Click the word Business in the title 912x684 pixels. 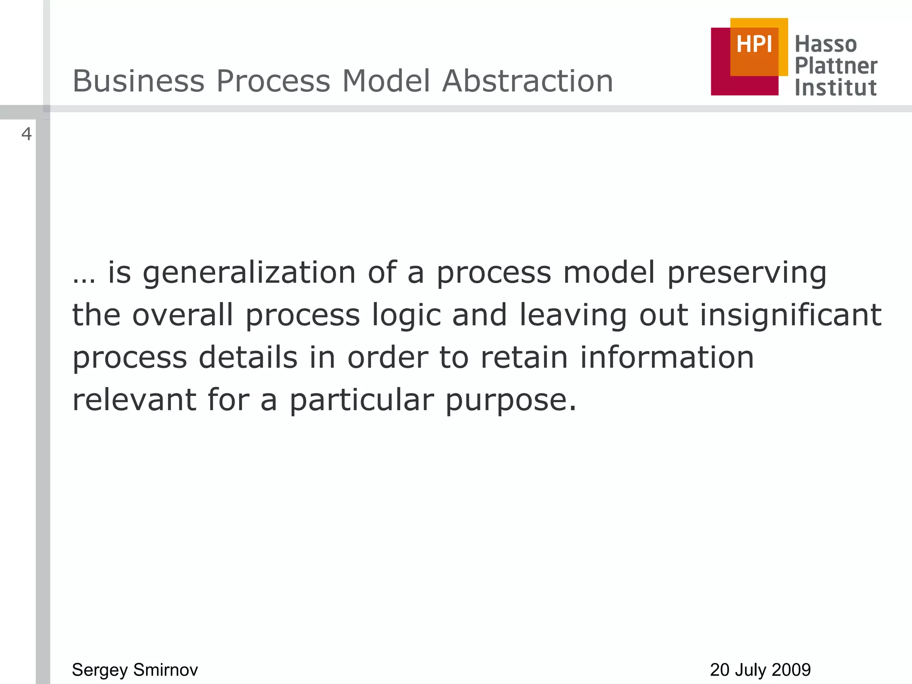[138, 81]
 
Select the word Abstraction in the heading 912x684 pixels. [528, 81]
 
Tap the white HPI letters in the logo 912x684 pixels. [754, 45]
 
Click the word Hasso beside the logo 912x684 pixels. [826, 45]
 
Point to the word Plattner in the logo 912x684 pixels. [836, 66]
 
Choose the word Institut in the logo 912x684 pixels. [835, 88]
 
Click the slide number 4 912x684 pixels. [27, 134]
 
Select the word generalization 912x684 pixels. [249, 273]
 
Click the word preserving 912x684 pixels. [747, 273]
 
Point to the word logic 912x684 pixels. [406, 316]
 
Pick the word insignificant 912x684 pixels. [790, 316]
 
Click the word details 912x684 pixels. [248, 358]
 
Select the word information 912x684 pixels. [667, 358]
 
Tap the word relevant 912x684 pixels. [134, 399]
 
